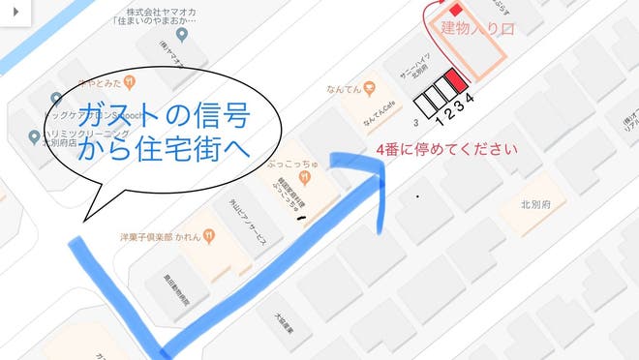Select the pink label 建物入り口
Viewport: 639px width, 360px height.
tap(475, 27)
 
